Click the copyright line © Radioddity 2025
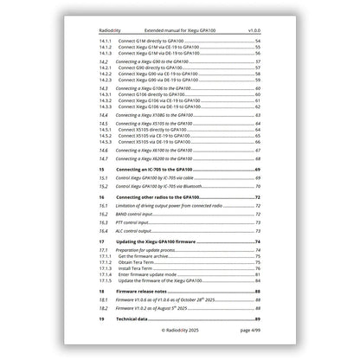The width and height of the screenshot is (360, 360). [180, 330]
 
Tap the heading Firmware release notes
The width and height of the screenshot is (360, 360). [148, 292]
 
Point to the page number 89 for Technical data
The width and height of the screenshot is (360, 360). [258, 318]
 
